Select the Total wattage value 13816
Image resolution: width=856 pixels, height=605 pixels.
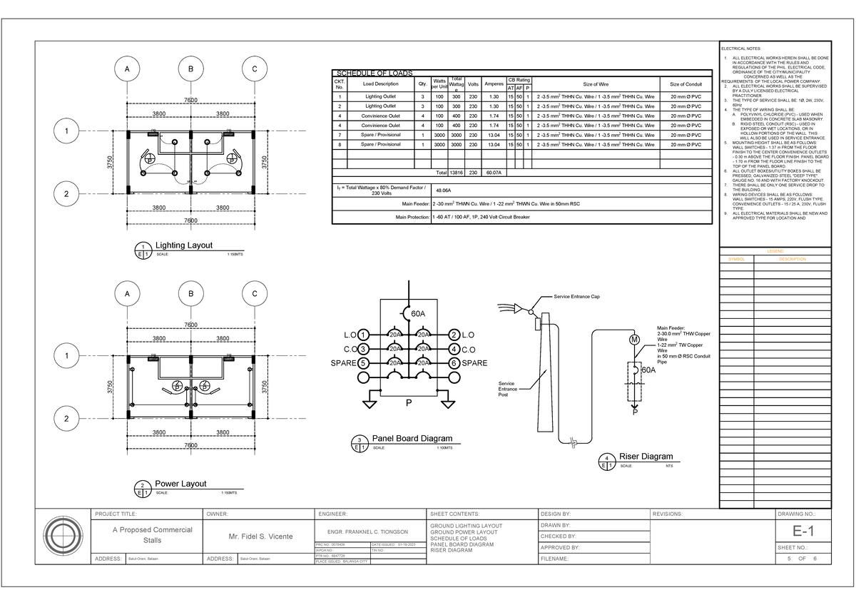(x=457, y=173)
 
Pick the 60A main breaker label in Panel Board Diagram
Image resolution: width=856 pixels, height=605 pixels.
(x=418, y=313)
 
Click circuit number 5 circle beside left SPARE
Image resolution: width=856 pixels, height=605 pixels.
(x=364, y=363)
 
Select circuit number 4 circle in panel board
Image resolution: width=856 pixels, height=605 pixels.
(x=454, y=349)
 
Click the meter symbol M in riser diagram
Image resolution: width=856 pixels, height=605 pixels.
(x=633, y=340)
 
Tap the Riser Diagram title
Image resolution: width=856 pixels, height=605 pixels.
(x=646, y=457)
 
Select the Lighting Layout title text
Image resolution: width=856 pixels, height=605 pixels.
(x=184, y=245)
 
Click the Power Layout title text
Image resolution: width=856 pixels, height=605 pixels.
(x=180, y=484)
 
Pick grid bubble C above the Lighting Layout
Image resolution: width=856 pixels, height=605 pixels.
(x=254, y=69)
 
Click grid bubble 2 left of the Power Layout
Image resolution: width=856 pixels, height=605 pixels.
(x=66, y=418)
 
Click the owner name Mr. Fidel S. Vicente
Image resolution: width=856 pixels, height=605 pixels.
(x=258, y=536)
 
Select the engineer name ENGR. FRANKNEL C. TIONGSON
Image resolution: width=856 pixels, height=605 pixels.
(x=367, y=533)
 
